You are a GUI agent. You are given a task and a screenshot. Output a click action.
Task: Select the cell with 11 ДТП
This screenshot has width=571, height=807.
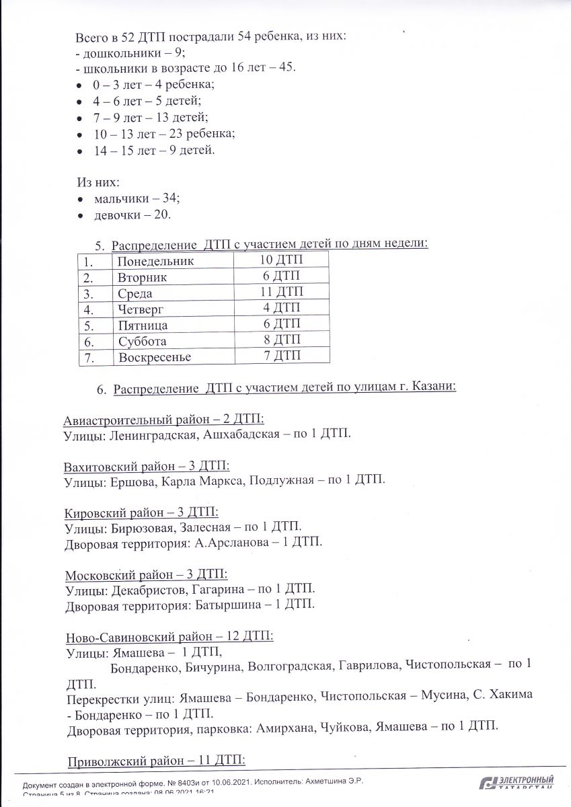point(282,292)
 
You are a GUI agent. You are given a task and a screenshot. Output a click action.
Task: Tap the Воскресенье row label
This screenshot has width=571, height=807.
point(155,357)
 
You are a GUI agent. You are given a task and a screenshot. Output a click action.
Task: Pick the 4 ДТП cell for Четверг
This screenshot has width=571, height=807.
point(282,308)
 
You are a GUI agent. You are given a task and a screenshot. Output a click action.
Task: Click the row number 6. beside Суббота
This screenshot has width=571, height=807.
point(87,342)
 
